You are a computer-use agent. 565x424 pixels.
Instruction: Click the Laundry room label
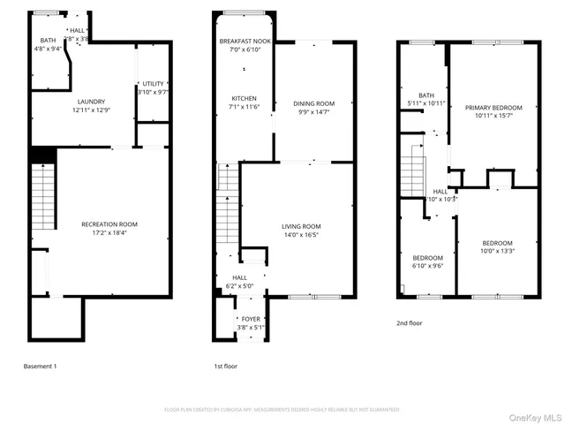91,102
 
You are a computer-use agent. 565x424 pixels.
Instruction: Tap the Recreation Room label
109,224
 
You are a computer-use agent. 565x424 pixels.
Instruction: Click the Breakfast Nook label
245,42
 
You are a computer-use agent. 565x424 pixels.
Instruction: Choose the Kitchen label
245,98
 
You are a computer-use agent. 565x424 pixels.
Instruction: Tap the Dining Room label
314,104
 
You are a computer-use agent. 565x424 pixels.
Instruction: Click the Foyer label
251,319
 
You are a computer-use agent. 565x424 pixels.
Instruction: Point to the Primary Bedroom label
493,108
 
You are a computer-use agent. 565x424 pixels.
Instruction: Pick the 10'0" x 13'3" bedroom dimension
497,252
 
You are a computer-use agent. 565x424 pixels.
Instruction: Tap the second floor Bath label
426,95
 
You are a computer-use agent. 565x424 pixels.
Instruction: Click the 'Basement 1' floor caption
40,366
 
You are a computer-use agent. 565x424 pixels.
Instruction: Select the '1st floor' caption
225,366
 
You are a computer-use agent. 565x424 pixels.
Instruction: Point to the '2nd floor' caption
409,323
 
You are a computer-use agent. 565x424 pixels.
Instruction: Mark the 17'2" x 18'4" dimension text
109,233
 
